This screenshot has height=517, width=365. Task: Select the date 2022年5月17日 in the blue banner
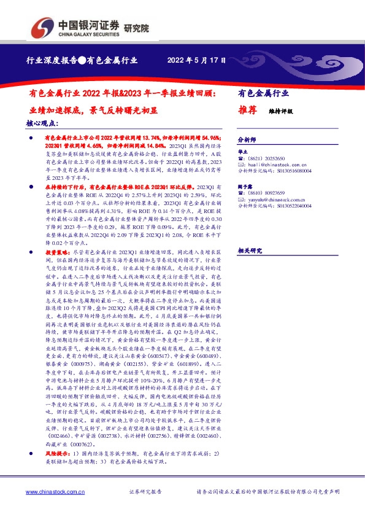coord(196,60)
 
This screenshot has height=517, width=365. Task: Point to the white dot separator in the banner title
coord(80,60)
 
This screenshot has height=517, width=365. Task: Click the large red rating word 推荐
coord(247,111)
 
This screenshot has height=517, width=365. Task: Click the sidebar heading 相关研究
coord(249,250)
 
